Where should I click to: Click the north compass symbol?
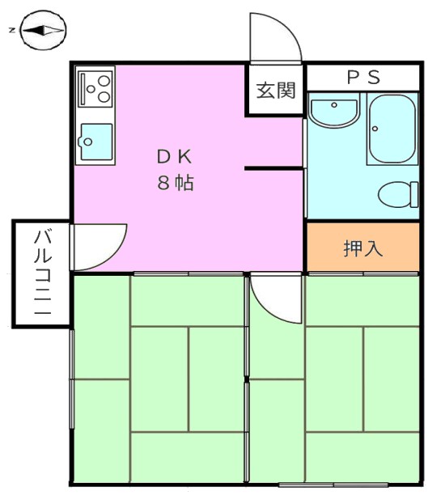point(43,31)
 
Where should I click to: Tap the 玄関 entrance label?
point(276,91)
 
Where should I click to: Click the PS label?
point(363,78)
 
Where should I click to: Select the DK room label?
point(175,157)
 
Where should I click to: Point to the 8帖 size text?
point(176,183)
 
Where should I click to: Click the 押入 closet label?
point(363,248)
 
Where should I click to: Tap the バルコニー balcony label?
point(43,273)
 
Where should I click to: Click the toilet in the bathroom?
point(398,194)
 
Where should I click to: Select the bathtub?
point(392,129)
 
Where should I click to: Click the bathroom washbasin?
point(334,112)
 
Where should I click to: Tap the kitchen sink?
point(96,142)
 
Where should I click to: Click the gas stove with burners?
point(95,89)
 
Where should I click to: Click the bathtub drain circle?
point(375,129)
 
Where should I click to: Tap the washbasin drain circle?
point(334,105)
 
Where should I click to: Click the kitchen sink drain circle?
point(87,142)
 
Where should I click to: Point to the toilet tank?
point(414,194)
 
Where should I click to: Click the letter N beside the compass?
point(12,31)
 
